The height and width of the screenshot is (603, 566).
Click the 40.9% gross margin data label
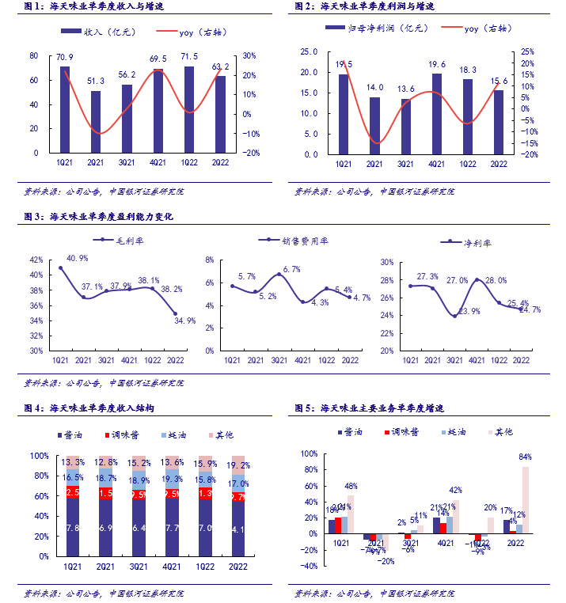[78, 259]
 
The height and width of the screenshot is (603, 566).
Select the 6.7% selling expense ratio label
[291, 269]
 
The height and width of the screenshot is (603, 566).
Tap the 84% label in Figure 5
[526, 457]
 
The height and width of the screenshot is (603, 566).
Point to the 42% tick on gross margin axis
[35, 260]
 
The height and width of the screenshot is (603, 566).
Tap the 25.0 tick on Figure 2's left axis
[310, 52]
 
